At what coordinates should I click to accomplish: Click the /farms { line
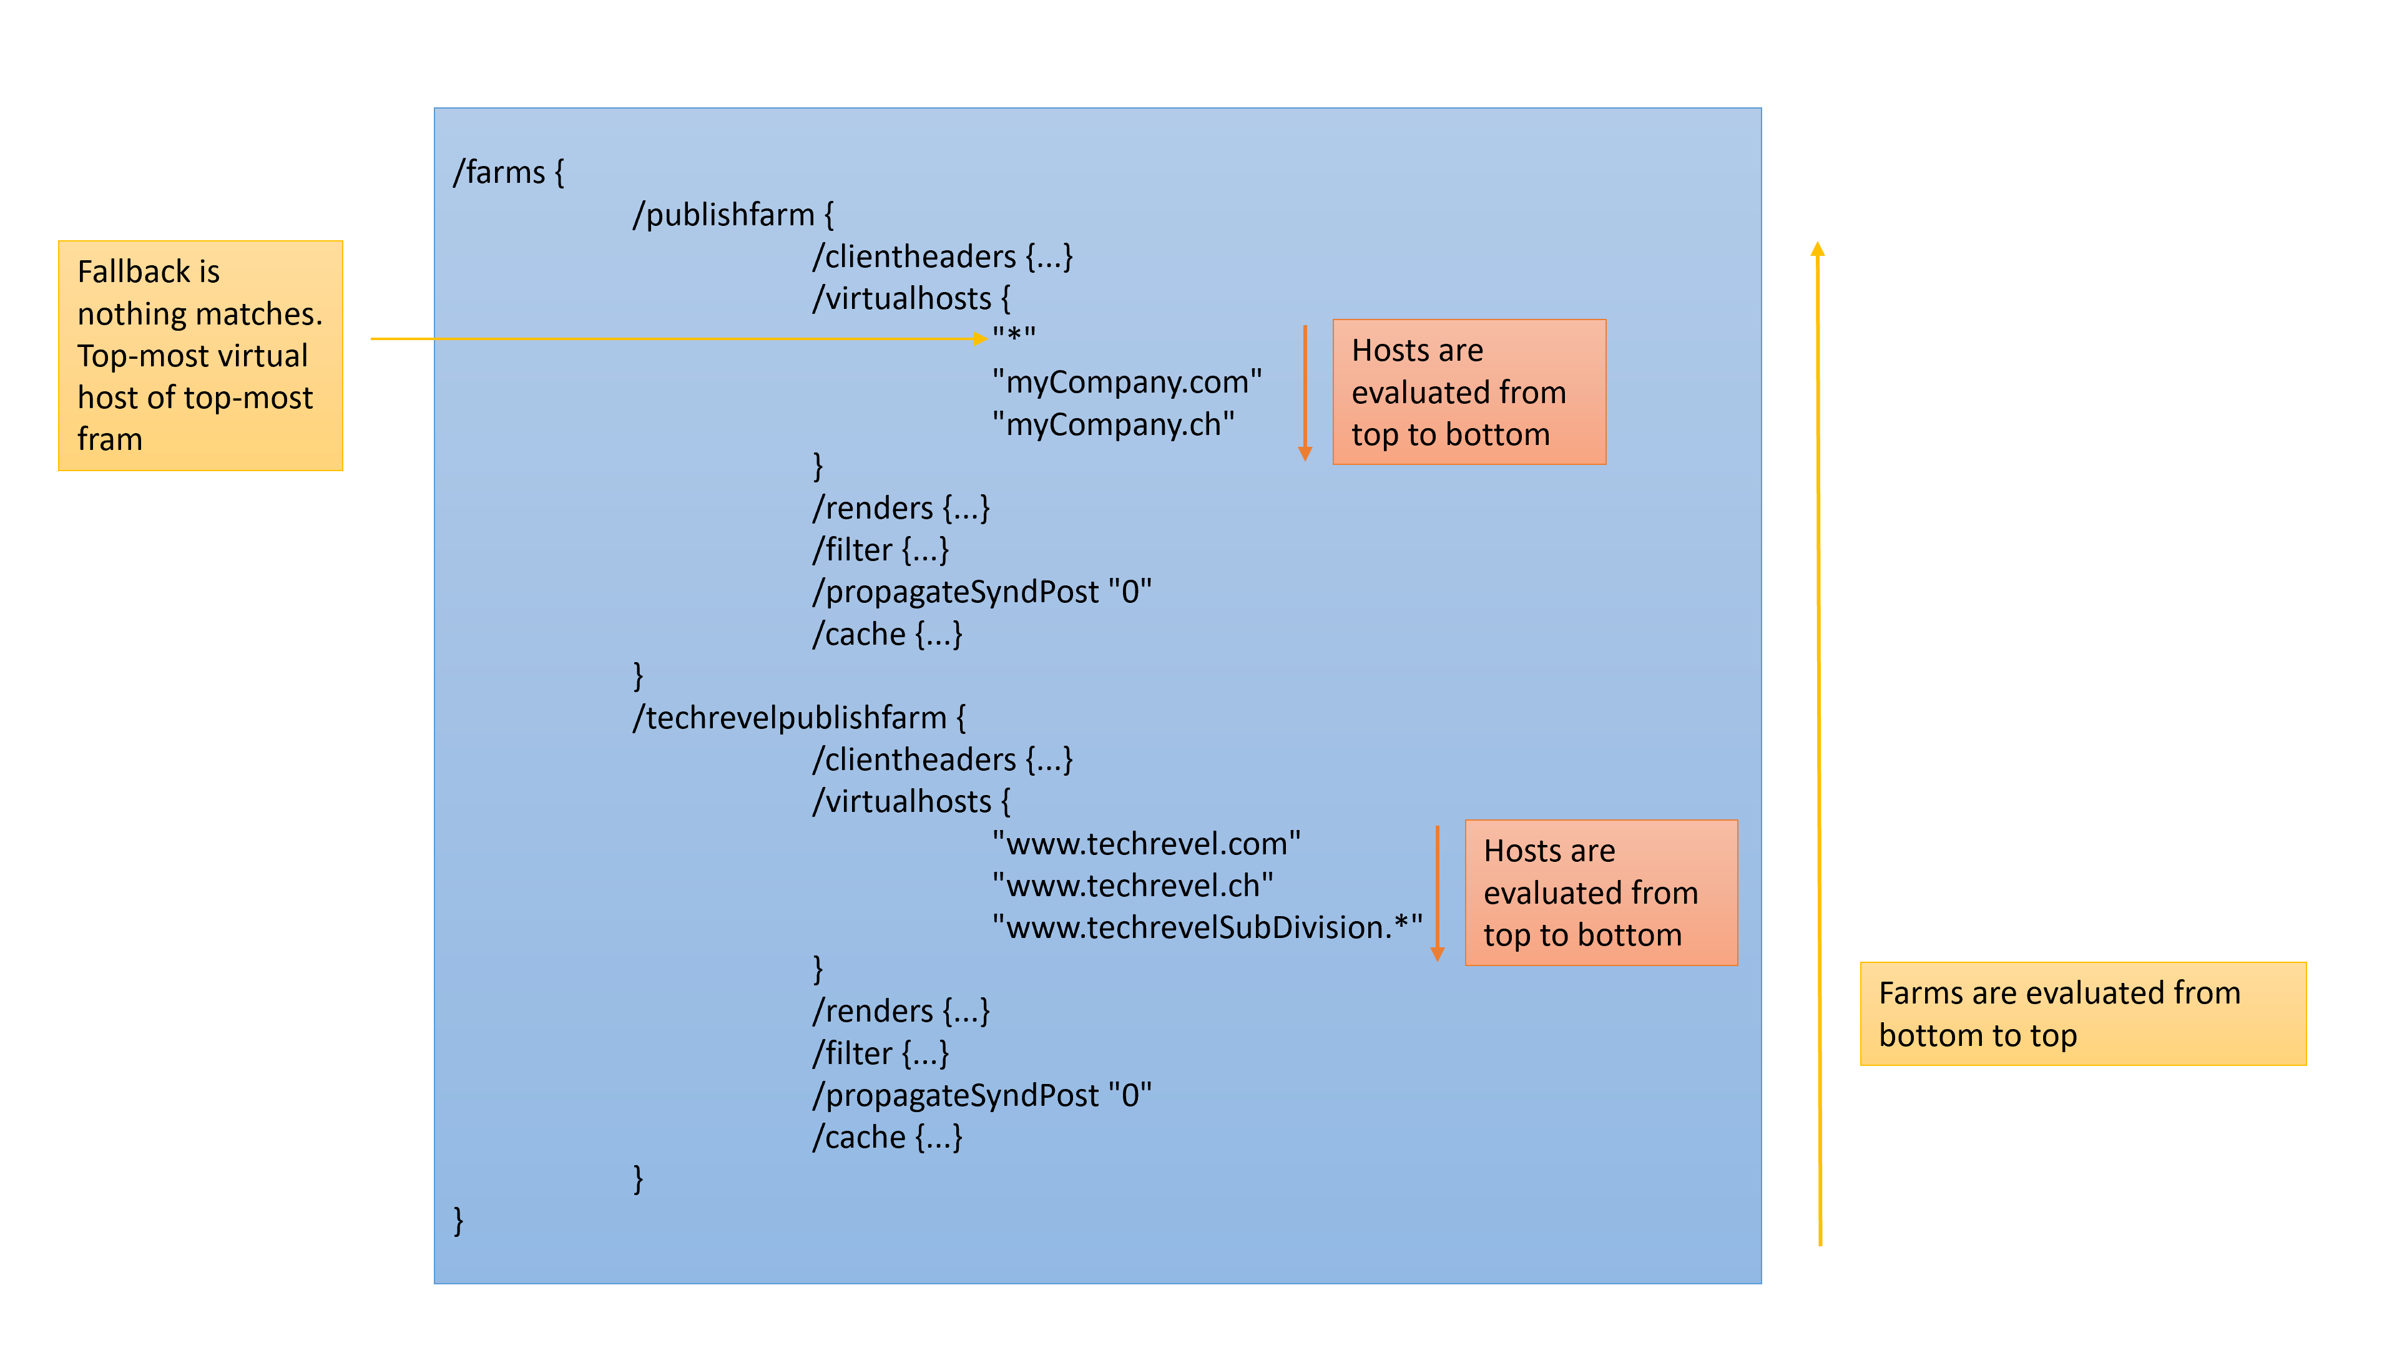pyautogui.click(x=508, y=173)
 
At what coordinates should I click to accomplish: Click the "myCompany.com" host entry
pyautogui.click(x=1126, y=383)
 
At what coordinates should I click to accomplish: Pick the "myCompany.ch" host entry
pyautogui.click(x=1113, y=425)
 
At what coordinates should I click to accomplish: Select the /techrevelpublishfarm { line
pyautogui.click(x=798, y=718)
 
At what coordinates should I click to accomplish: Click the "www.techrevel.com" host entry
pyautogui.click(x=1145, y=844)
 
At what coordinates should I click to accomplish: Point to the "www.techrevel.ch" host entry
pyautogui.click(x=1132, y=886)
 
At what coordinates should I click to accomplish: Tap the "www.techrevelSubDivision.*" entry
pyautogui.click(x=1207, y=927)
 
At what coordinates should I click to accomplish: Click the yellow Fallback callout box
pyautogui.click(x=200, y=355)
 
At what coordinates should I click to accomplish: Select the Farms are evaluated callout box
pyautogui.click(x=2082, y=1014)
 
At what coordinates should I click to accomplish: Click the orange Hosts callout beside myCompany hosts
pyautogui.click(x=1468, y=392)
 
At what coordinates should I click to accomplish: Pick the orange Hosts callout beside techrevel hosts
pyautogui.click(x=1600, y=892)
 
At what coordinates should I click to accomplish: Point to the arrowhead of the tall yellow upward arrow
pyautogui.click(x=1817, y=250)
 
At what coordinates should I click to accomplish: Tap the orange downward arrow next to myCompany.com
pyautogui.click(x=1305, y=391)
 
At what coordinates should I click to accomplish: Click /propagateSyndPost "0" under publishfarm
pyautogui.click(x=982, y=593)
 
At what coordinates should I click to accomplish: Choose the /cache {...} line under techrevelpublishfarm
pyautogui.click(x=887, y=1138)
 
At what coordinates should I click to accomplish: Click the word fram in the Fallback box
pyautogui.click(x=110, y=439)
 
